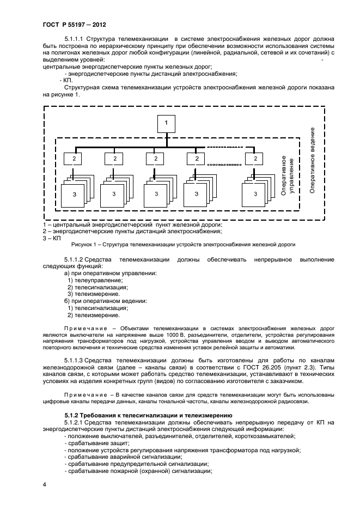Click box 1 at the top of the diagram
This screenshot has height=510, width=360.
[x=166, y=124]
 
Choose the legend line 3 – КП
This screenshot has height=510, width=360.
[x=52, y=238]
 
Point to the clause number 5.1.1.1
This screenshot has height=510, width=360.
[x=77, y=39]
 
